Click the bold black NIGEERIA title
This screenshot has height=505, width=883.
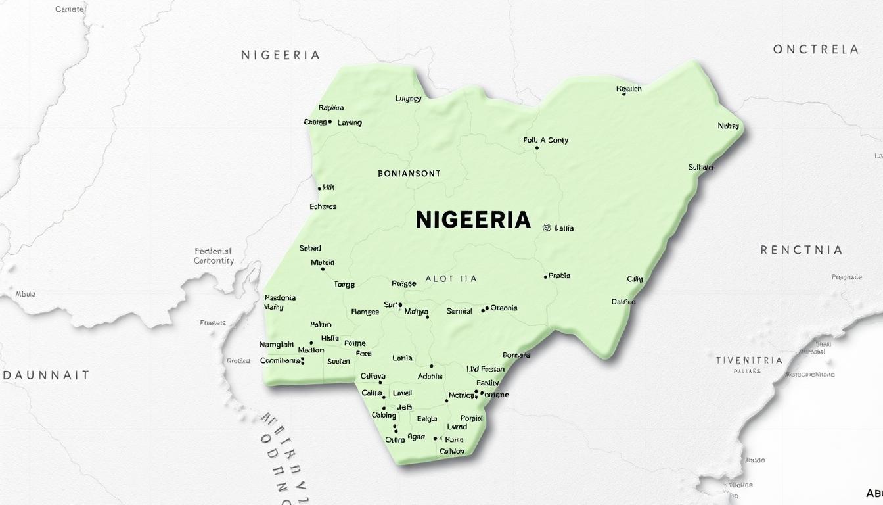(473, 220)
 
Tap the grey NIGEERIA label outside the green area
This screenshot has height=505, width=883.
(281, 55)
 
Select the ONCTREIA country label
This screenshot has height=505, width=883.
(815, 49)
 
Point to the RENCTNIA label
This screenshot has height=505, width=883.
(801, 250)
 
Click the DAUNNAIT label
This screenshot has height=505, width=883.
(46, 375)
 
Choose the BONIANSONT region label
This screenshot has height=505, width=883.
(409, 174)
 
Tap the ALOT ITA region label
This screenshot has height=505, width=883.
(451, 279)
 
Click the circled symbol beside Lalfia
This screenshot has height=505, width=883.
(546, 228)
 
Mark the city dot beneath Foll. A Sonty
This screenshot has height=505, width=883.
(537, 148)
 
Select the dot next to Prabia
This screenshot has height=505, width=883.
(545, 277)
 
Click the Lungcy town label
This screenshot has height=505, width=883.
(408, 99)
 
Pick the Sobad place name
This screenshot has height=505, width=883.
(310, 248)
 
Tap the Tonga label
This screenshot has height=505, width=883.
(344, 285)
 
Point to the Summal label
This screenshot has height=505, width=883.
(459, 311)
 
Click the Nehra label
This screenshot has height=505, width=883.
(728, 126)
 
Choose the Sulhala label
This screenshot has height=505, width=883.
(700, 168)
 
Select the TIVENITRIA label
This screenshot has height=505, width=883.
(749, 360)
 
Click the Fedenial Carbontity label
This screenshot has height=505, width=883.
(214, 256)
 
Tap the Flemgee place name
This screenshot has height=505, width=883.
(365, 312)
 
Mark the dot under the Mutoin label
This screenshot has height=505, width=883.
(323, 269)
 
